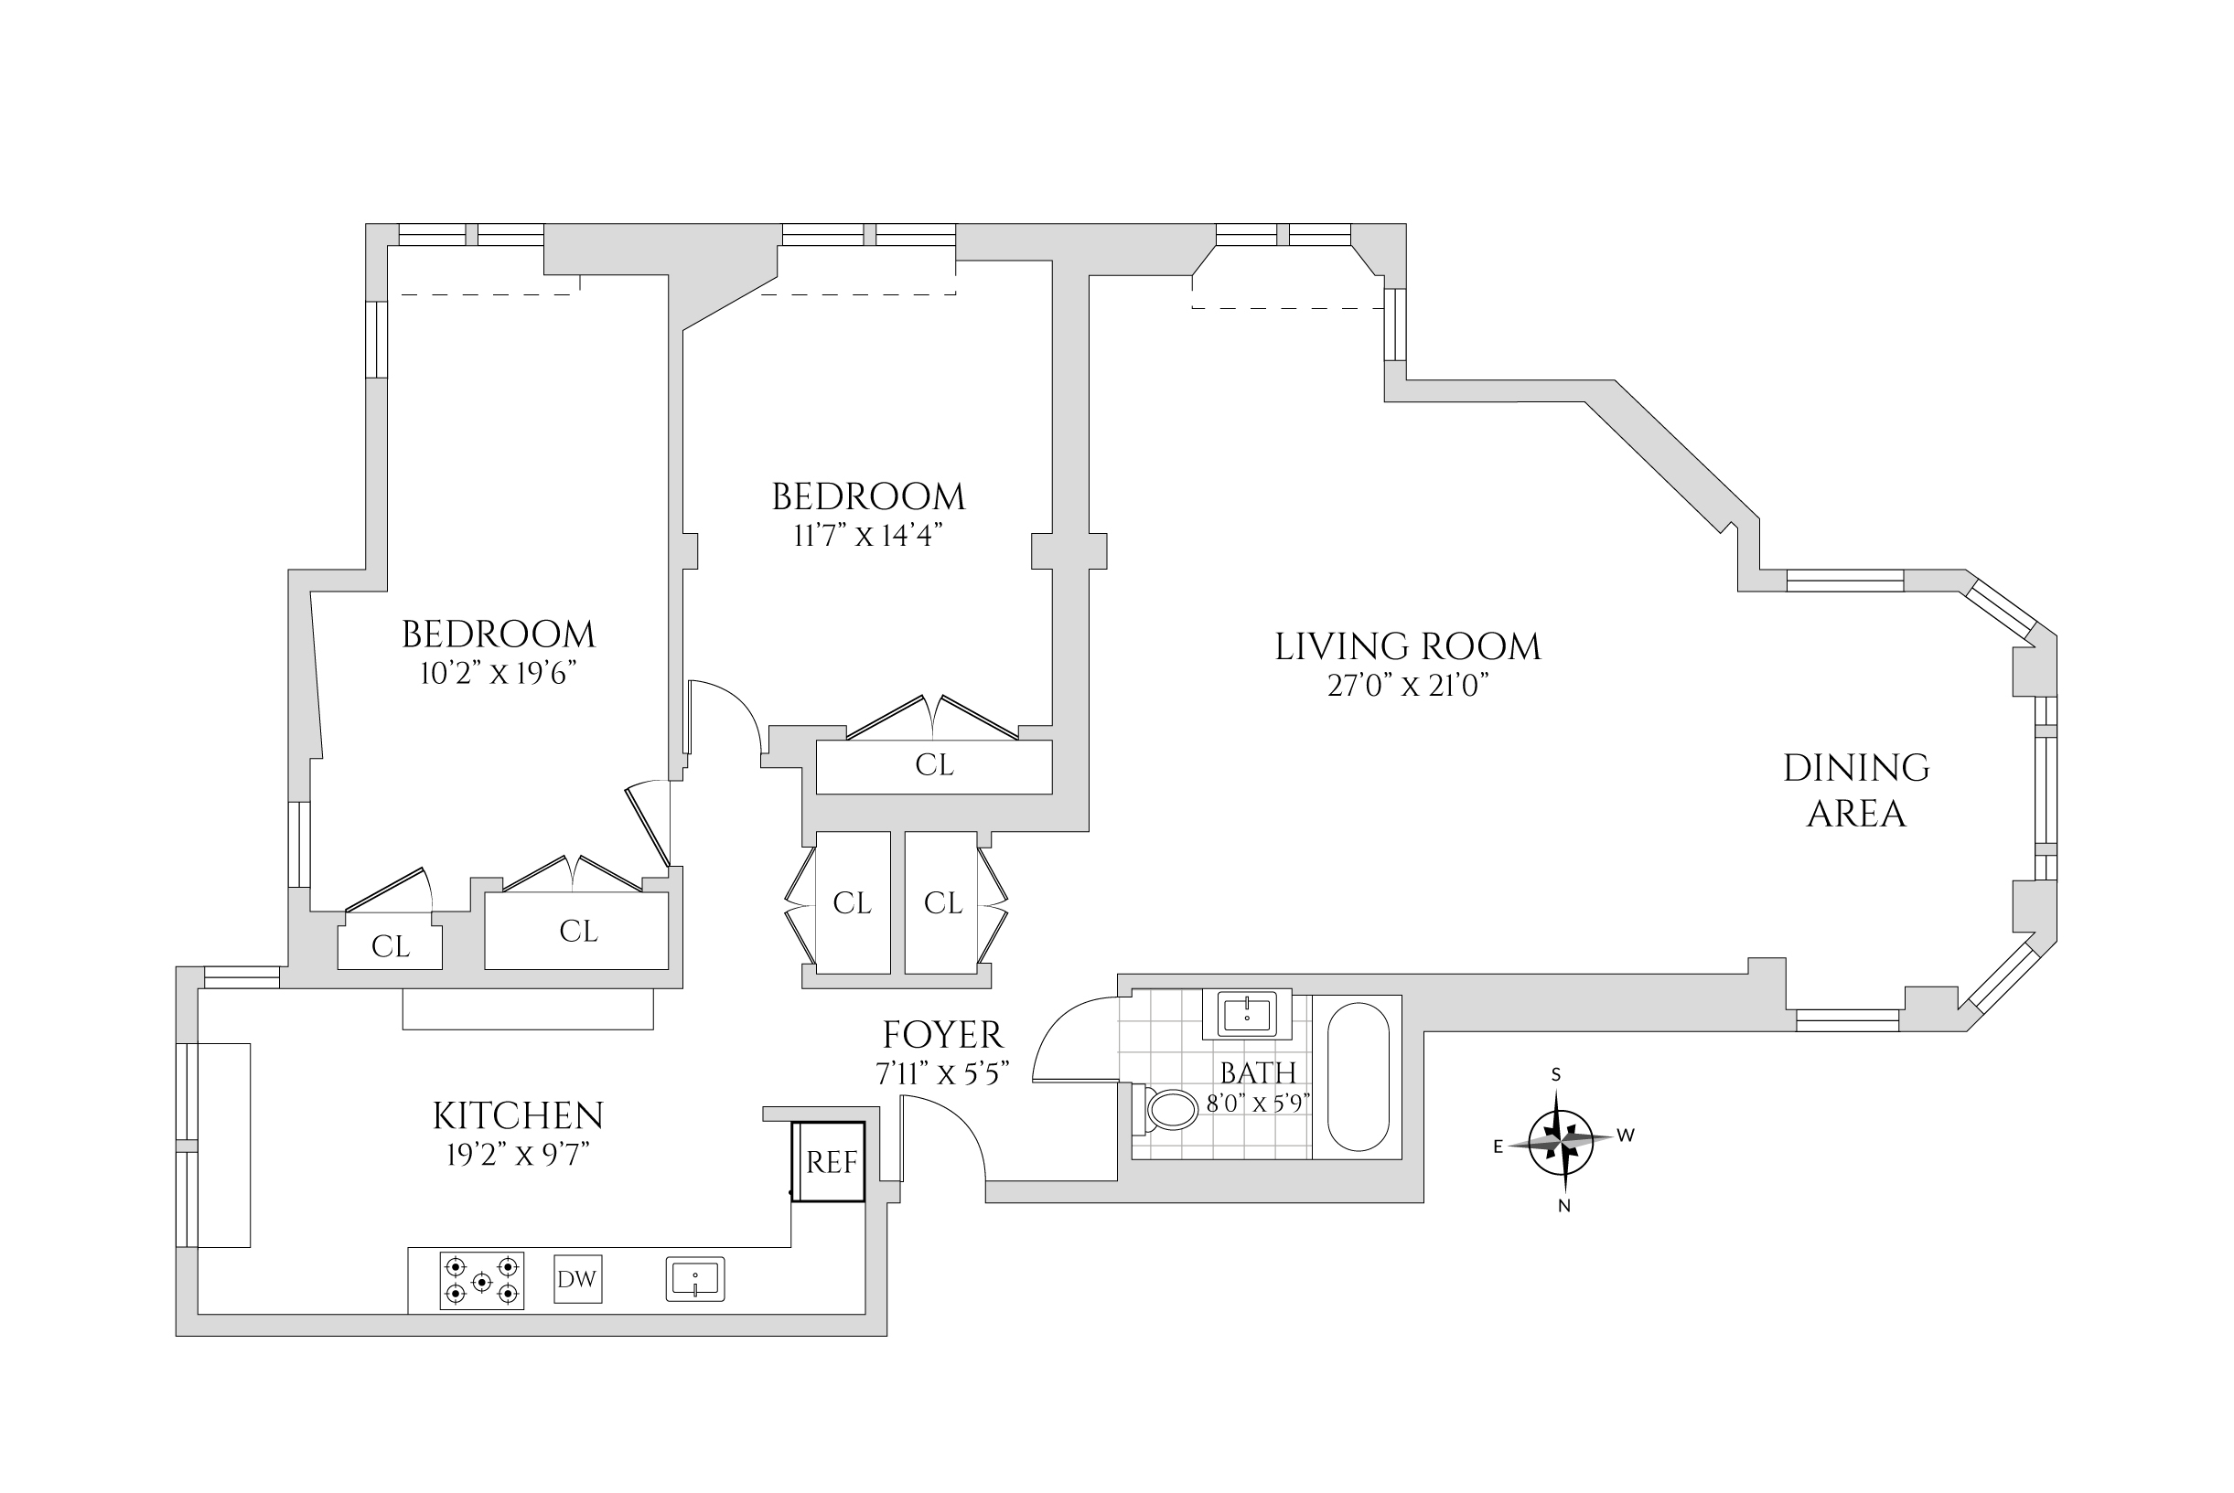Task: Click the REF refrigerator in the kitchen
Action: [x=830, y=1162]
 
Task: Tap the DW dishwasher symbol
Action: [x=577, y=1279]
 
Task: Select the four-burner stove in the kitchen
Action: [x=482, y=1281]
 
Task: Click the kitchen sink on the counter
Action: [x=695, y=1279]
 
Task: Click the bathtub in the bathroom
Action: [x=1358, y=1076]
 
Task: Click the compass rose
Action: [x=1561, y=1139]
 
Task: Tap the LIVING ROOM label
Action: [x=1407, y=647]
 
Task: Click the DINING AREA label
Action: [x=1856, y=790]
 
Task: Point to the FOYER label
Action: [x=942, y=1035]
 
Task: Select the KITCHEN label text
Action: [x=519, y=1116]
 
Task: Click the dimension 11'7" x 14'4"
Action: [x=868, y=536]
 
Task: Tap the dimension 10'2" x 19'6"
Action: [x=499, y=674]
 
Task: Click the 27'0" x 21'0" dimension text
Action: [x=1407, y=686]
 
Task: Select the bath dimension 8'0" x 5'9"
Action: [x=1259, y=1104]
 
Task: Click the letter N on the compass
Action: [x=1563, y=1205]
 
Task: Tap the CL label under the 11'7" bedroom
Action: [x=934, y=765]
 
